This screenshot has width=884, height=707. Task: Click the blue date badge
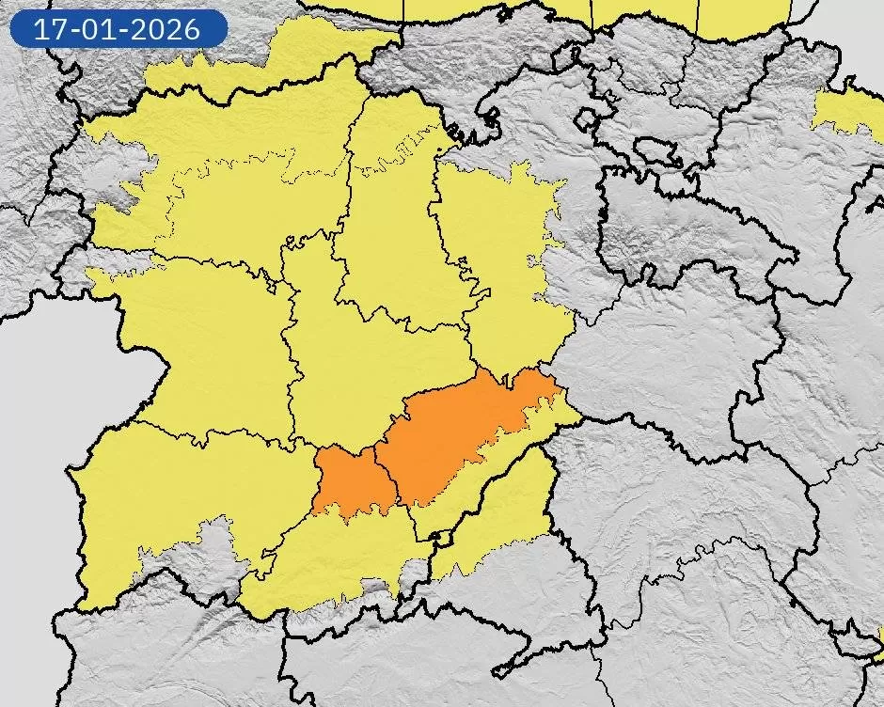(118, 28)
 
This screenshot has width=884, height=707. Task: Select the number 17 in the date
(49, 28)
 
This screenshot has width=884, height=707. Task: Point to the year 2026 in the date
(166, 28)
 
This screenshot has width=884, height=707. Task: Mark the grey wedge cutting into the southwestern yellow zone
(202, 555)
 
